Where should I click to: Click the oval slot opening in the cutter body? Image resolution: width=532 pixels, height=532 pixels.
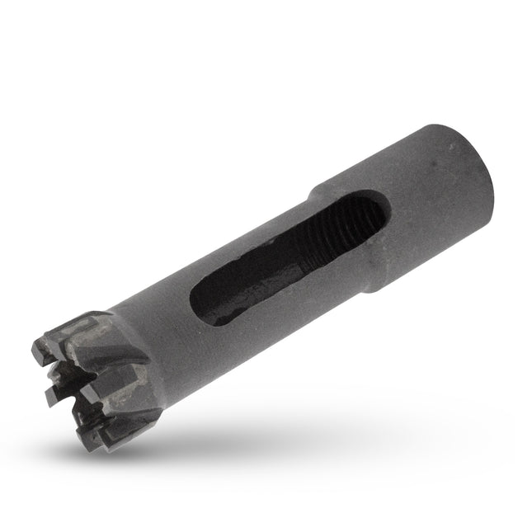[x=280, y=260]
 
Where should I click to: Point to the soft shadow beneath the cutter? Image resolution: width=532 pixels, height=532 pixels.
[x=272, y=429]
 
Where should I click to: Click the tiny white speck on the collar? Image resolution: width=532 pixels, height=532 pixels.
[x=451, y=145]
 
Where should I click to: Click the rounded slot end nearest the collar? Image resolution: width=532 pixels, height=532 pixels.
[x=375, y=210]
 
